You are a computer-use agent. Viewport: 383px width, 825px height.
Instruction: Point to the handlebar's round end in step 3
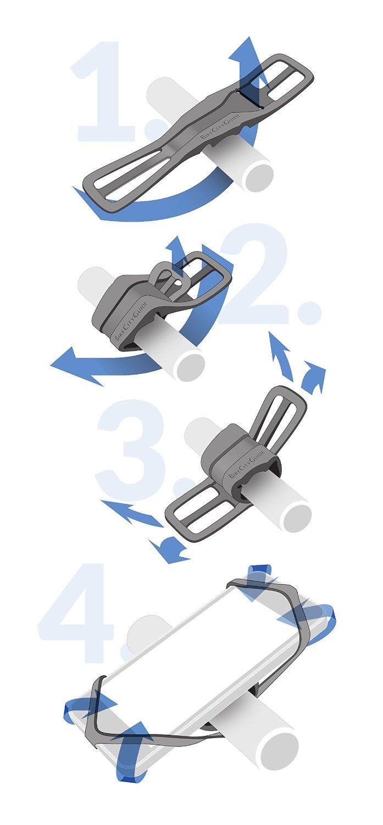click(297, 518)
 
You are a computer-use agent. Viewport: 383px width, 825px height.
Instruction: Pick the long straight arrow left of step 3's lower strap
click(132, 514)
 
